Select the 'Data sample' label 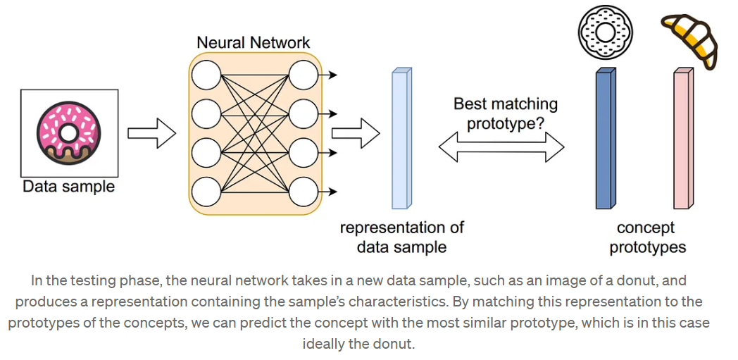68,187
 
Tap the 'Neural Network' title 253,42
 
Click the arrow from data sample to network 151,133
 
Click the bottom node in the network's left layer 206,191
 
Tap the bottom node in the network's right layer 303,191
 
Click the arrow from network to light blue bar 355,133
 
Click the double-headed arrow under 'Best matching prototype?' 501,147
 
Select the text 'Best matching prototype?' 505,113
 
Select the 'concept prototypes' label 647,237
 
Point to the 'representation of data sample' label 401,237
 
